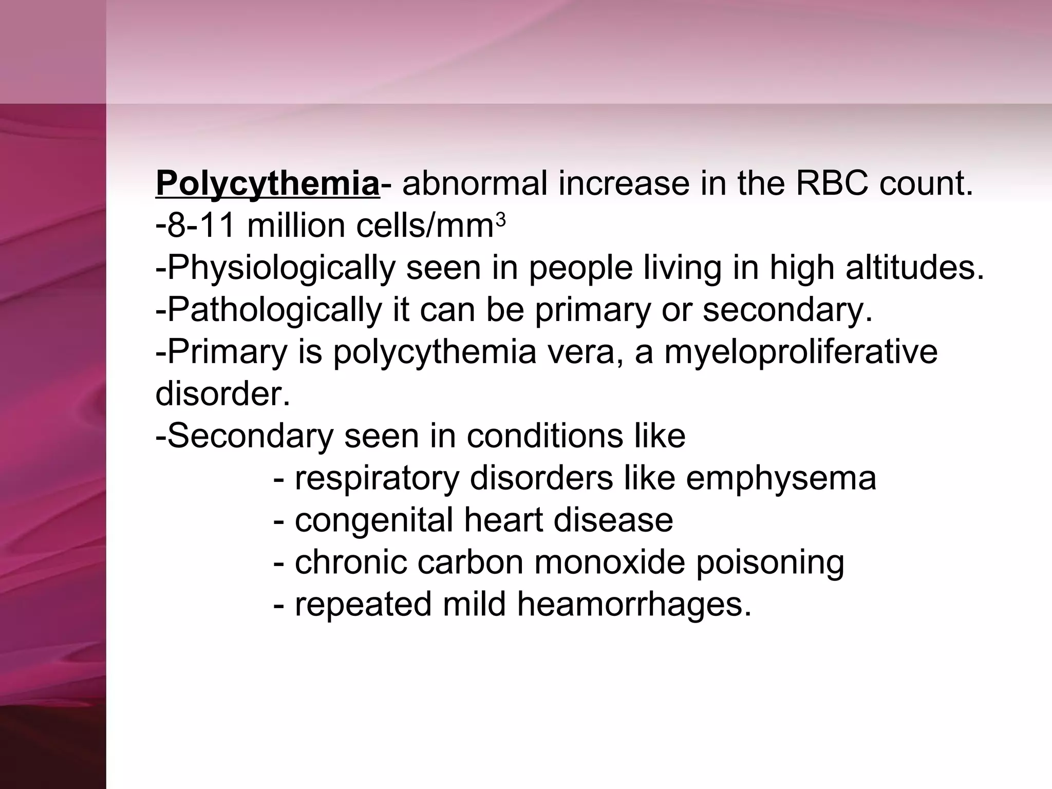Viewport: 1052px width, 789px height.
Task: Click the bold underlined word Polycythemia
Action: (x=267, y=184)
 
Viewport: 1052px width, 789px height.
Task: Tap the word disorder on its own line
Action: (x=222, y=394)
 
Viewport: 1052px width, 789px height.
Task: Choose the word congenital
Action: (x=374, y=521)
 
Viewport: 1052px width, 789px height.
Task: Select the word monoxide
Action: (x=610, y=562)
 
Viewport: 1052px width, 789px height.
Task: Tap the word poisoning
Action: (x=770, y=563)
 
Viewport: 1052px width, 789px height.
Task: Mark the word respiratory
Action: (x=377, y=479)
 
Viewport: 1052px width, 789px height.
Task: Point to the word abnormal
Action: (x=475, y=183)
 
